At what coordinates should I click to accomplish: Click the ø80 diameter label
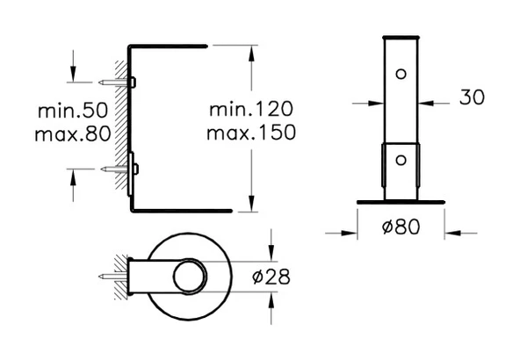[x=401, y=226]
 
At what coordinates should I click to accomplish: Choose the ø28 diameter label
[x=271, y=277]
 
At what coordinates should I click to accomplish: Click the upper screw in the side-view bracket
[x=112, y=82]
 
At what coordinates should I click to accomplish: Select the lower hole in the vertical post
[x=401, y=159]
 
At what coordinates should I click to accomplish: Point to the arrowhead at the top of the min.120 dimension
[x=252, y=49]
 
